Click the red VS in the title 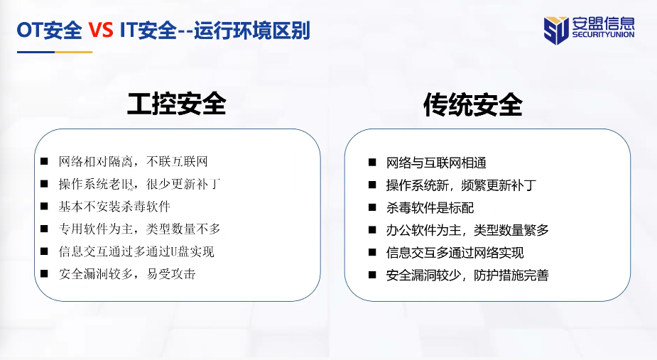101,31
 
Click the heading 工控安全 176,104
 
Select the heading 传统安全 472,104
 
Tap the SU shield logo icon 556,30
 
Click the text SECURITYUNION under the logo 603,35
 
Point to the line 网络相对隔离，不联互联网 134,161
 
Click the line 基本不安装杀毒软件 114,206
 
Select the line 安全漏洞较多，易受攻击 127,273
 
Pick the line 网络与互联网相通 436,163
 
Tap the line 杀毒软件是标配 430,207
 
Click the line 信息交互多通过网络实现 455,253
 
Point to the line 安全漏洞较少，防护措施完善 467,276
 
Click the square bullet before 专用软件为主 44,229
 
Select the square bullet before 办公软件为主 372,230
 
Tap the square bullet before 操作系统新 372,185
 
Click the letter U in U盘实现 173,251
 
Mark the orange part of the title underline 74,53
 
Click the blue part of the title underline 36,53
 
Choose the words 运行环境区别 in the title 252,31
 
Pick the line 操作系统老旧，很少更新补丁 139,184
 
